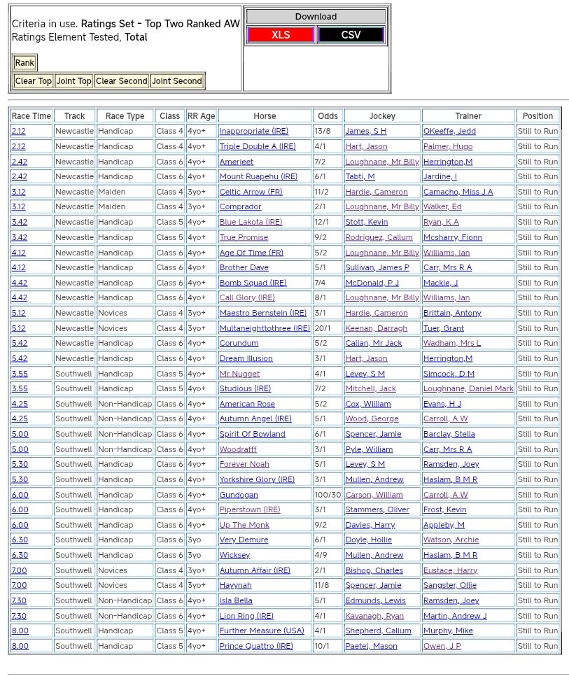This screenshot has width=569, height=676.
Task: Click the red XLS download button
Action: [x=281, y=34]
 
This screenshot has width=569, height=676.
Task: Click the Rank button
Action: [x=24, y=63]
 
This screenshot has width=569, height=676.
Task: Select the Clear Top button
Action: [x=34, y=81]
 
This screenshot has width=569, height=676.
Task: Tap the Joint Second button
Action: [x=177, y=81]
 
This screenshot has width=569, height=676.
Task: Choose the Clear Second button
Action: [x=122, y=81]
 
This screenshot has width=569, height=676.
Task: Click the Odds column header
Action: [x=328, y=116]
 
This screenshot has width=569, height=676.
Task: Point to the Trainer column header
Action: [x=468, y=116]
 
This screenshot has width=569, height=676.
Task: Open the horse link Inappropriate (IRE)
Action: [x=253, y=132]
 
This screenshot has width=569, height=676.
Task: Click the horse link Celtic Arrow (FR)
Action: [x=251, y=192]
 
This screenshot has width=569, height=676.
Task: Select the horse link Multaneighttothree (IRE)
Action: [x=265, y=328]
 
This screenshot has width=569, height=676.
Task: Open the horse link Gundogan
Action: [x=239, y=495]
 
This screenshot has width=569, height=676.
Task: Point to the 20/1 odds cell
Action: [x=324, y=328]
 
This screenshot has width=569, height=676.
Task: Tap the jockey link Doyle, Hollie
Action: [x=370, y=540]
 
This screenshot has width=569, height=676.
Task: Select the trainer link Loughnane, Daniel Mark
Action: [x=468, y=388]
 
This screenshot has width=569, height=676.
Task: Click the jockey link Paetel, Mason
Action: [x=371, y=646]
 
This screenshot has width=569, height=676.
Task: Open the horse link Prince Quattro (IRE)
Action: [x=256, y=646]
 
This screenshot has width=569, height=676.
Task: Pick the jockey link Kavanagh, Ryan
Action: [x=374, y=616]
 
